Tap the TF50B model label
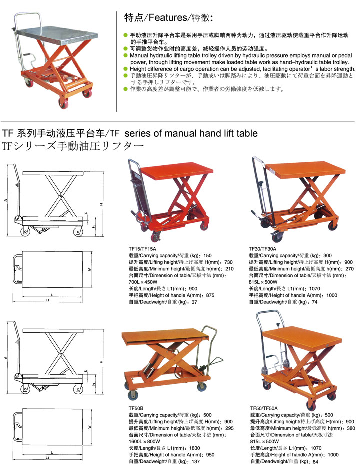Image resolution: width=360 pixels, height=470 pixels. pos(136,408)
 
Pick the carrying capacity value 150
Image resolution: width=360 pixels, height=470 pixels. pos(207,256)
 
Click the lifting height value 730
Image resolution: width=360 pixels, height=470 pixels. pos(228,262)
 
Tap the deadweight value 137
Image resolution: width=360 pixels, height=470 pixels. pos(196,461)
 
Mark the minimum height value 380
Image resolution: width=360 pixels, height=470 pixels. pos(351,428)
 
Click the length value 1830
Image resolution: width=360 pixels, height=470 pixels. pos(194,448)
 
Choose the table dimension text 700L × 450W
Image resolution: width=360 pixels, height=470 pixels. pos(143,282)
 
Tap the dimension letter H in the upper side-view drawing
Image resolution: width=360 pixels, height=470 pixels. pos(101,204)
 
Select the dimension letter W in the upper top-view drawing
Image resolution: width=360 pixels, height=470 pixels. pos(89,269)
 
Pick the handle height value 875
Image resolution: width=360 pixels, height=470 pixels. pos(210,295)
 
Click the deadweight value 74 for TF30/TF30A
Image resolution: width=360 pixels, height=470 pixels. pos(315,302)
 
